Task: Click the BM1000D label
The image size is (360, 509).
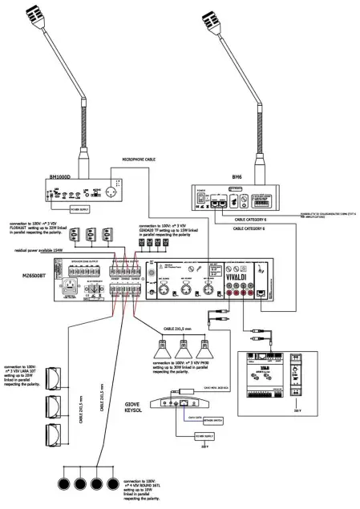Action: [x=61, y=176]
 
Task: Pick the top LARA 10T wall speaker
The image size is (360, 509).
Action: [x=55, y=378]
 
